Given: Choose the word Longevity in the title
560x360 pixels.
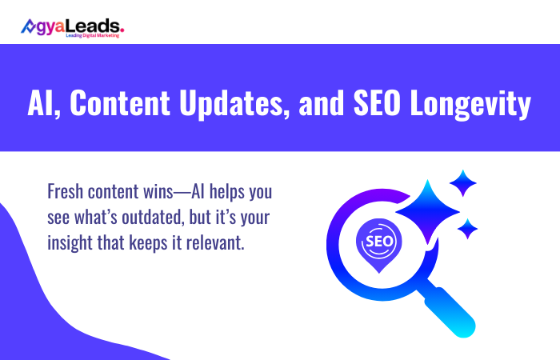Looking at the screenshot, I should point(472,105).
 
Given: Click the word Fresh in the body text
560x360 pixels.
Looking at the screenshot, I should point(66,193).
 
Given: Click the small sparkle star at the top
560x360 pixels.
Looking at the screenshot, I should point(463,183).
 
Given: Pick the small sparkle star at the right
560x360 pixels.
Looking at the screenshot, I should point(467,228).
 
